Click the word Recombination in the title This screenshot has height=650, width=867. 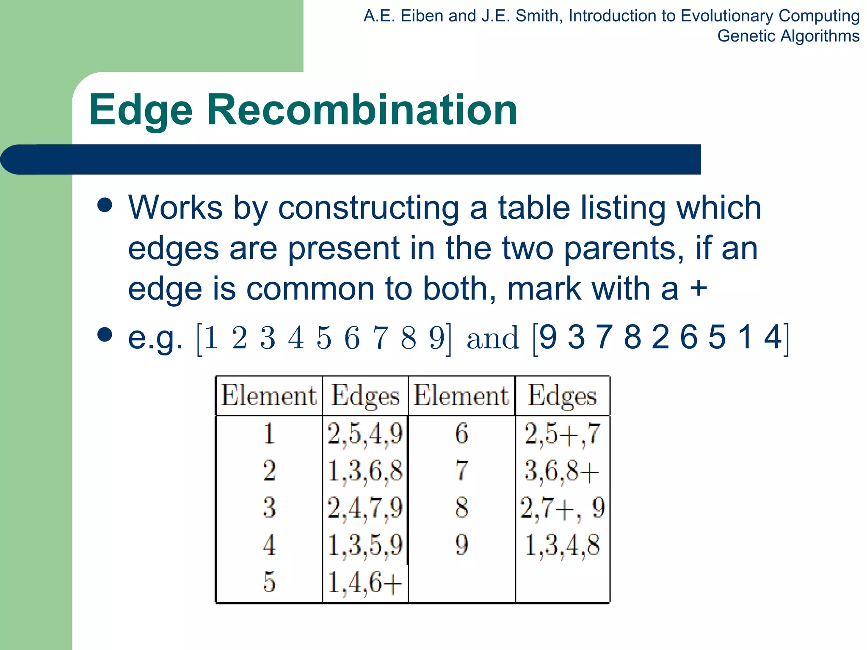point(362,110)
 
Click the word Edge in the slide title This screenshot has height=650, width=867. point(141,111)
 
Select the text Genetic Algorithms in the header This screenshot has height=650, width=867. point(788,36)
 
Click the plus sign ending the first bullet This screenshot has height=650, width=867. point(699,289)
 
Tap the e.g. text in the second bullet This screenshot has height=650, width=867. point(155,338)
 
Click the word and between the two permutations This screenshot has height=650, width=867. point(492,338)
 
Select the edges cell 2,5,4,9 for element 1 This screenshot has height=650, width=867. point(365,434)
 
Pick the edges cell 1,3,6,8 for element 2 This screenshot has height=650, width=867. point(365,471)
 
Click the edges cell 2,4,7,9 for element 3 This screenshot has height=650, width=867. point(365,507)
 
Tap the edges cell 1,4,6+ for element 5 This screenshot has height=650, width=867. point(365,582)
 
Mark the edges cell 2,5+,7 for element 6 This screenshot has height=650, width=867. point(562,434)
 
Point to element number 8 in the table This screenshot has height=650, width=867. point(461,507)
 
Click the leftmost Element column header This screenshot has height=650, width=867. point(269,396)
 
